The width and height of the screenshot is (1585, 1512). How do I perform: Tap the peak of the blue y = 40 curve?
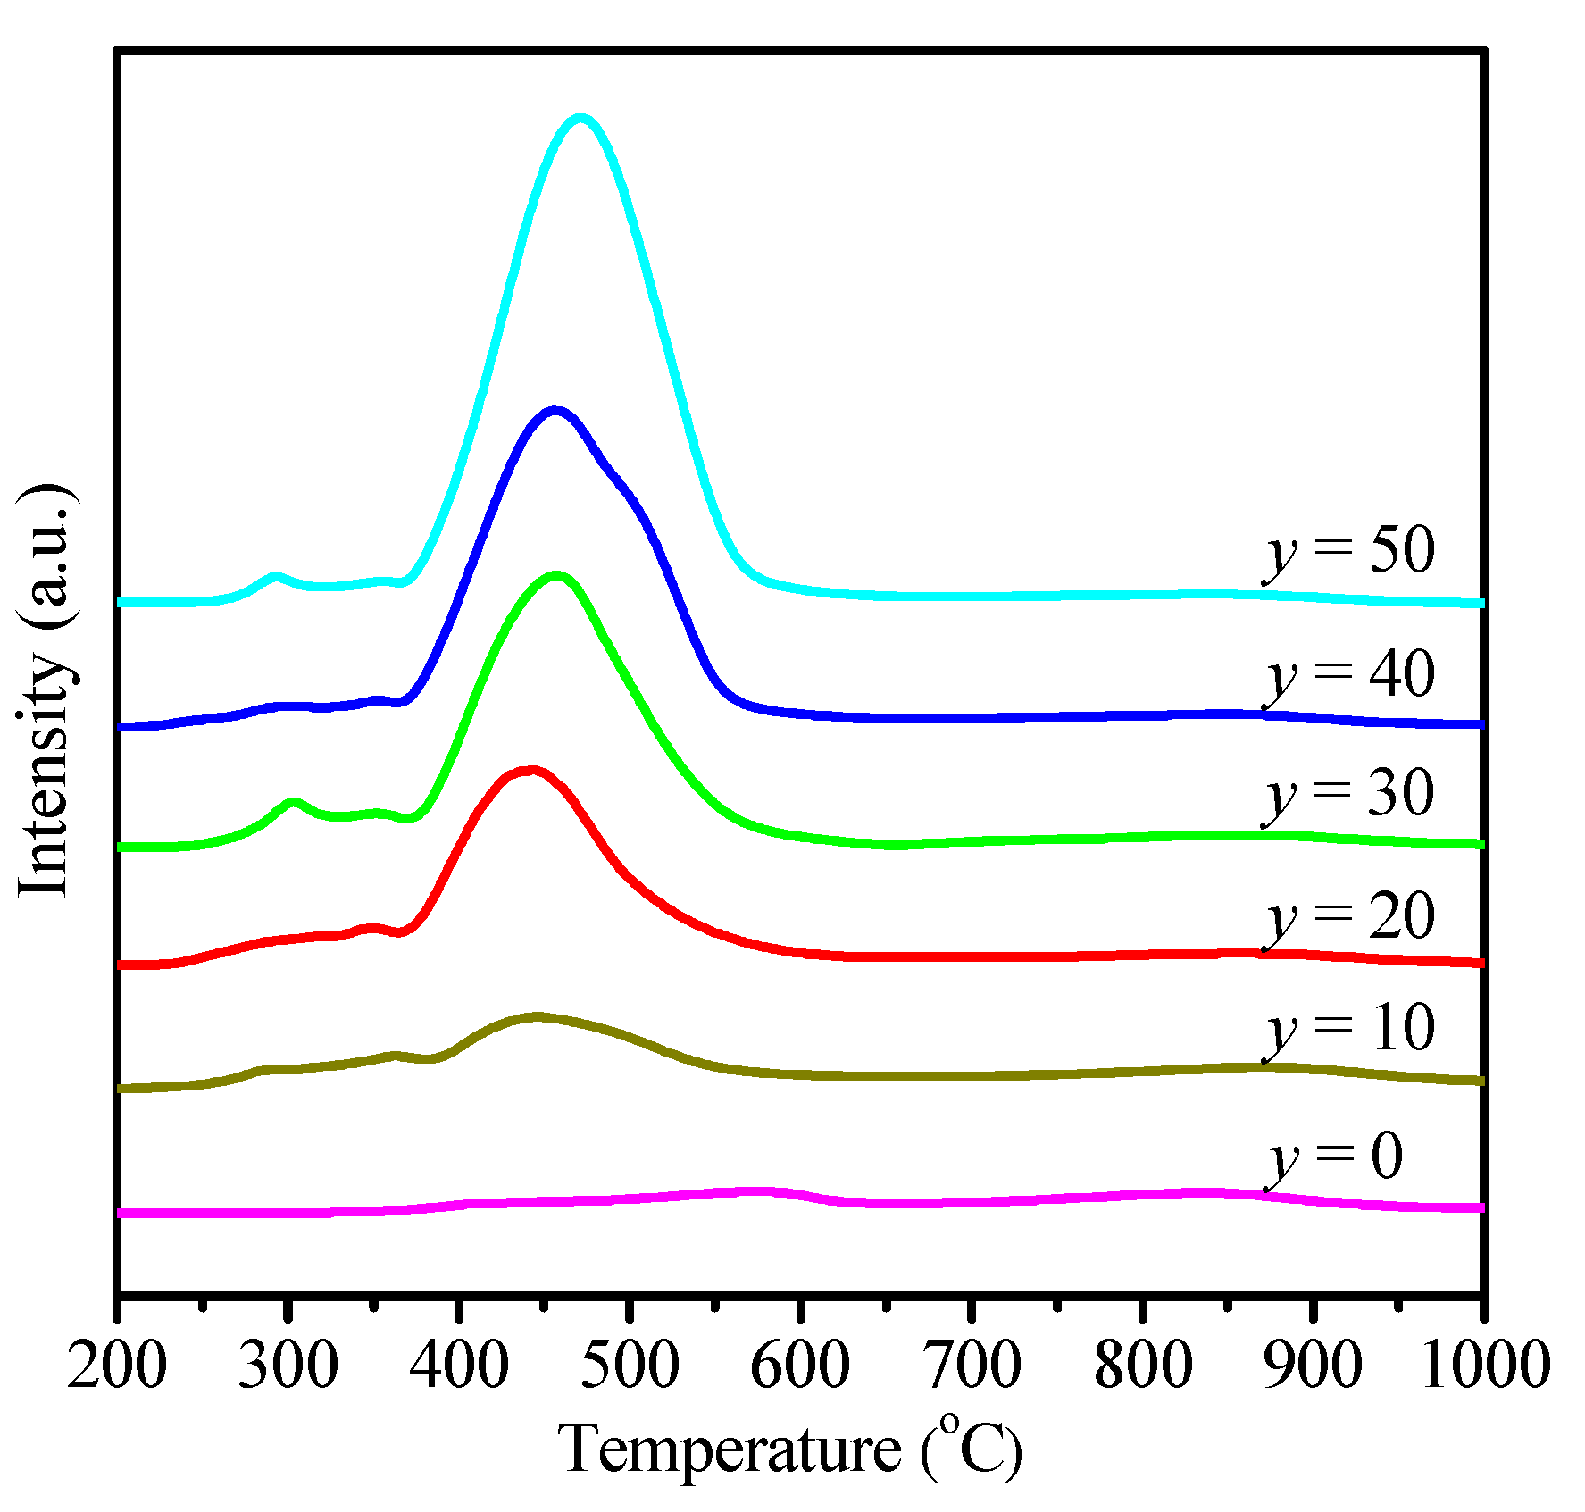coord(555,411)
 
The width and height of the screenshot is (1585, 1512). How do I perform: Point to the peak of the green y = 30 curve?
coord(557,576)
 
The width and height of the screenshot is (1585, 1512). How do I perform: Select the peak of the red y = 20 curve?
coord(531,769)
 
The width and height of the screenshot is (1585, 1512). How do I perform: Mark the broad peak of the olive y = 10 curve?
coord(536,1016)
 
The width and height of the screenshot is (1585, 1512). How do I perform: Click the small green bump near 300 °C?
coord(293,802)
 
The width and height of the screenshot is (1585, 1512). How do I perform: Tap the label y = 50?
coord(1349,550)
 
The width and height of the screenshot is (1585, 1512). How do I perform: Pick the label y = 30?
coord(1349,793)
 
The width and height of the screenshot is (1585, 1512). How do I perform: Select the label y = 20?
coord(1349,917)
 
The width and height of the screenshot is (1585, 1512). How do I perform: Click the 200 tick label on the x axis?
coord(117,1366)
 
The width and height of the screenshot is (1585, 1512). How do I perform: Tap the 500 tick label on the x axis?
coord(630,1366)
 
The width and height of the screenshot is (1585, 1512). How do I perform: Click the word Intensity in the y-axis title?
coord(45,773)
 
